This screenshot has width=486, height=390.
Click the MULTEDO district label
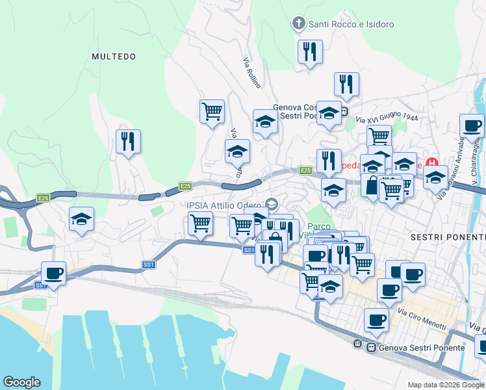(x=114, y=57)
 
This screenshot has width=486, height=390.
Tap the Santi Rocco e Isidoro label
(x=351, y=25)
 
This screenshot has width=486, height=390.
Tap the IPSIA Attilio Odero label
(x=225, y=205)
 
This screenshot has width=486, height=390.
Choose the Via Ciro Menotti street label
(x=426, y=318)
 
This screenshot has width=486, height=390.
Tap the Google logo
(x=21, y=382)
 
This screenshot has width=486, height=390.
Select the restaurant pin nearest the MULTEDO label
(x=128, y=141)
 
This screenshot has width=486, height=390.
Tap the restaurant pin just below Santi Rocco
(x=310, y=51)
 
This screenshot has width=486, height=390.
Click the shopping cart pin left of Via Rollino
(x=212, y=111)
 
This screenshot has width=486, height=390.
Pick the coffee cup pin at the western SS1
(x=53, y=273)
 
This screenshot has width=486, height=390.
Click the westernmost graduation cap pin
(x=82, y=219)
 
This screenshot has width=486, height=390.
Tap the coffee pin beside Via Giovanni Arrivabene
(x=472, y=125)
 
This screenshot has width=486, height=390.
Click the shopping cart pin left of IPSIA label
(x=200, y=223)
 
